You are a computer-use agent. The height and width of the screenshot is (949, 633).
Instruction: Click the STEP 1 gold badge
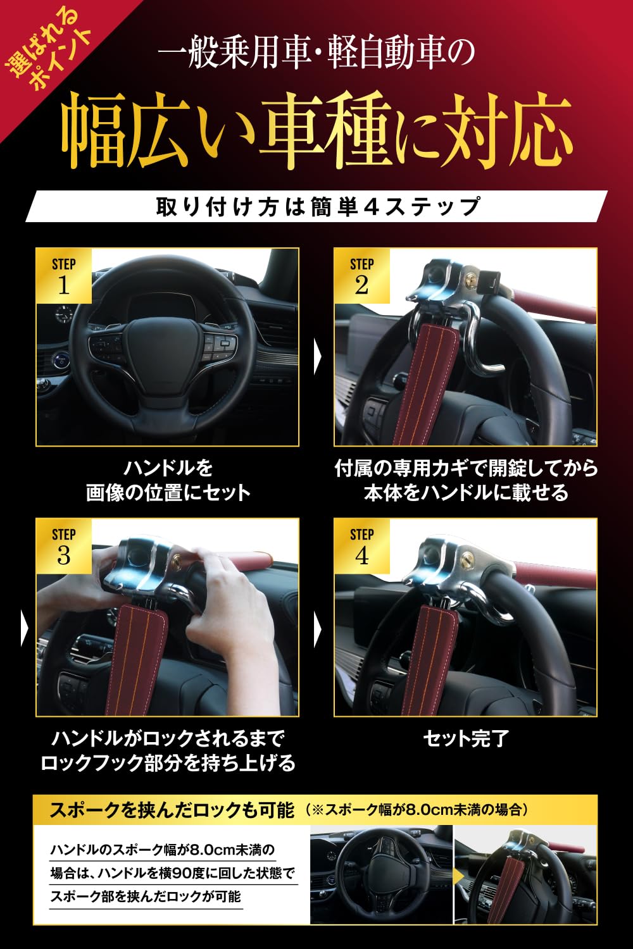tap(63, 276)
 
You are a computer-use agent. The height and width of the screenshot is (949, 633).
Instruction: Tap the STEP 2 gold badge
tap(361, 276)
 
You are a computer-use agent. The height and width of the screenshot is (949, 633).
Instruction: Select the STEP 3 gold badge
tap(63, 546)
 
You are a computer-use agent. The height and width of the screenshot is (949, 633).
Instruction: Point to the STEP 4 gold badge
tap(361, 546)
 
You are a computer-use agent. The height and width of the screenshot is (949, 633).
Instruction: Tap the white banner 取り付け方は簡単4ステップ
tap(316, 207)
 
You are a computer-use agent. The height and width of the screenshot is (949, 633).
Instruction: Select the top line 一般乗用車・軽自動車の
tap(316, 54)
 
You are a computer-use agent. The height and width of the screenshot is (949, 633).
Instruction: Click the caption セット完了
tap(465, 738)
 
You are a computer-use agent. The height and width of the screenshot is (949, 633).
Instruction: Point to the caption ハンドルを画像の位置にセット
tap(168, 481)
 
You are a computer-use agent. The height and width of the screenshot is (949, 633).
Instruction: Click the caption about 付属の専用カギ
tap(465, 481)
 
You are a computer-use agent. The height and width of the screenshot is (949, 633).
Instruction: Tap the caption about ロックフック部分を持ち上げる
tap(168, 751)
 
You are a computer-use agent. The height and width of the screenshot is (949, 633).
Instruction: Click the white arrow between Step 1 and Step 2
tap(318, 357)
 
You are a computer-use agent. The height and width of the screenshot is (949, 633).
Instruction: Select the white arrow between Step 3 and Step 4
tap(318, 630)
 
